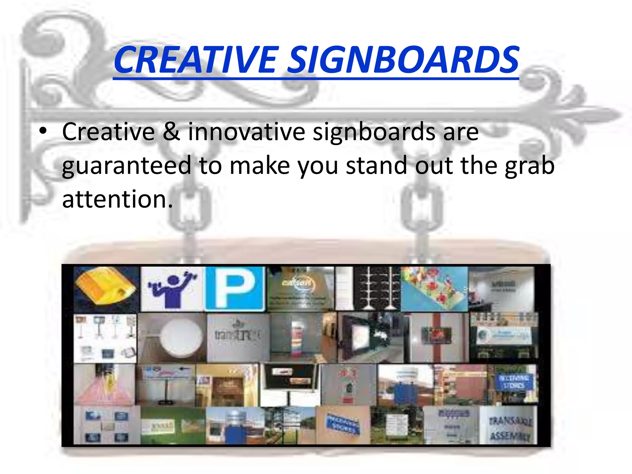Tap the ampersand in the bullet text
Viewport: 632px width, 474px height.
pyautogui.click(x=171, y=131)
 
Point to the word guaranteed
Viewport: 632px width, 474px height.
pyautogui.click(x=127, y=166)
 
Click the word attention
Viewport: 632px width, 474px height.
pyautogui.click(x=117, y=199)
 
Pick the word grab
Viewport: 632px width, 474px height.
pyautogui.click(x=530, y=165)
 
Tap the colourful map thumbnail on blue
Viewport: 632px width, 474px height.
pyautogui.click(x=434, y=288)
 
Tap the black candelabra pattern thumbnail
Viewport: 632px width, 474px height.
pyautogui.click(x=377, y=288)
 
